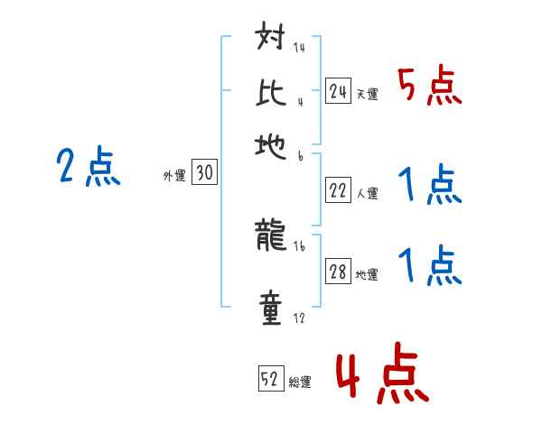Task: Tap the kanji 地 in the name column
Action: pyautogui.click(x=272, y=146)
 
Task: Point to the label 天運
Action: pyautogui.click(x=367, y=94)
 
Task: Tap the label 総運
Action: pyautogui.click(x=300, y=382)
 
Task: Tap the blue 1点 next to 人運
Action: pyautogui.click(x=429, y=186)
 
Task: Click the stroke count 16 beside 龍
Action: pyautogui.click(x=299, y=246)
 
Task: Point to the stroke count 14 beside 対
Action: pyautogui.click(x=299, y=48)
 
